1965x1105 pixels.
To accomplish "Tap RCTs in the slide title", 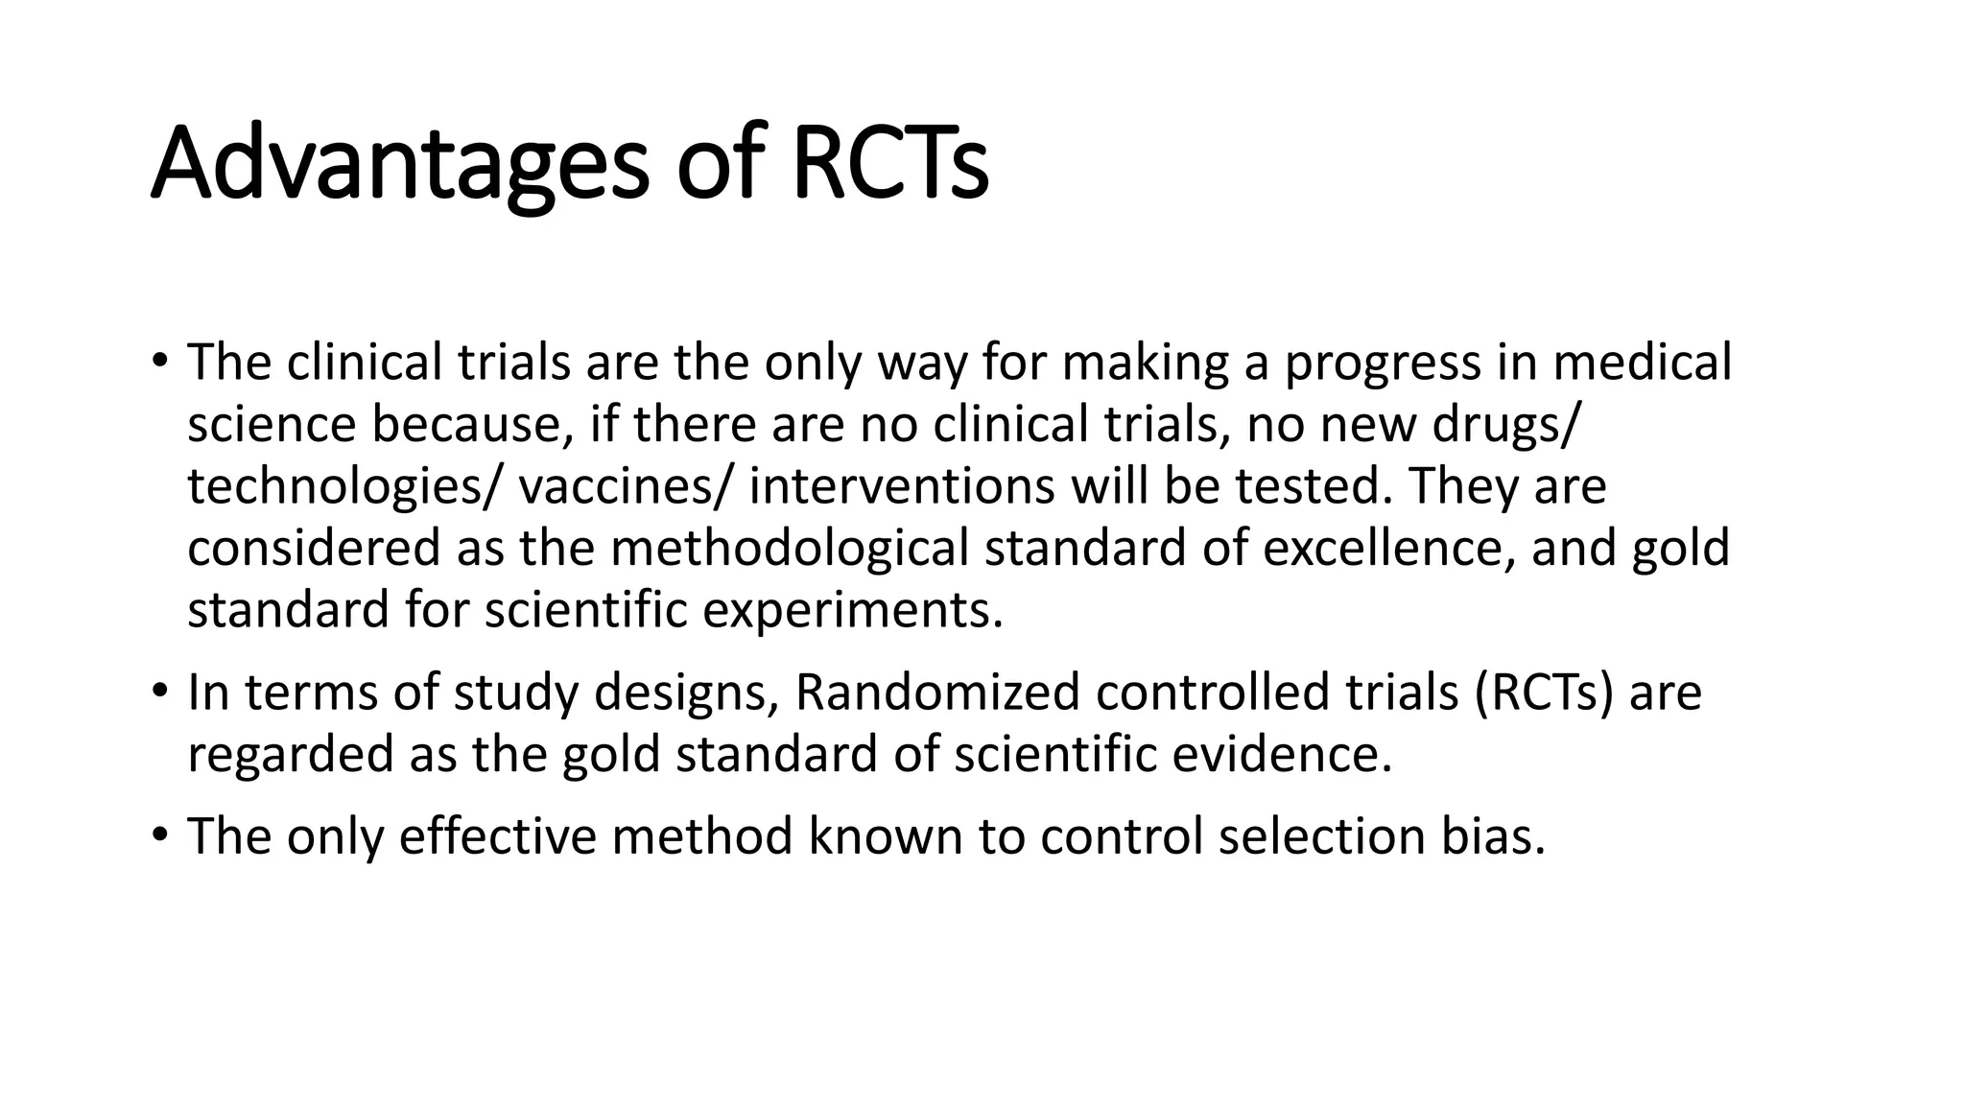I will tap(889, 165).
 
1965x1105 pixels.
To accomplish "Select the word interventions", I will tap(902, 486).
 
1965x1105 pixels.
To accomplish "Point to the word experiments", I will tap(852, 610).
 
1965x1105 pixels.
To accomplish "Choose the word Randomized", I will tap(937, 693).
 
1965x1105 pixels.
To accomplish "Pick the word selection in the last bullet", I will tap(1321, 835).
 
